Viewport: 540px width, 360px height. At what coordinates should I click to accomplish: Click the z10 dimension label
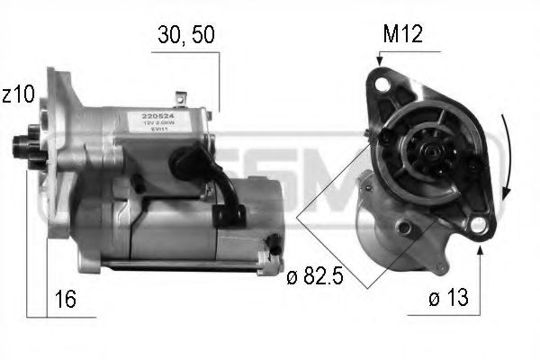tap(18, 94)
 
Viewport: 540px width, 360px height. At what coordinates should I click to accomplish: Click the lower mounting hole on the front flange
tap(484, 225)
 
